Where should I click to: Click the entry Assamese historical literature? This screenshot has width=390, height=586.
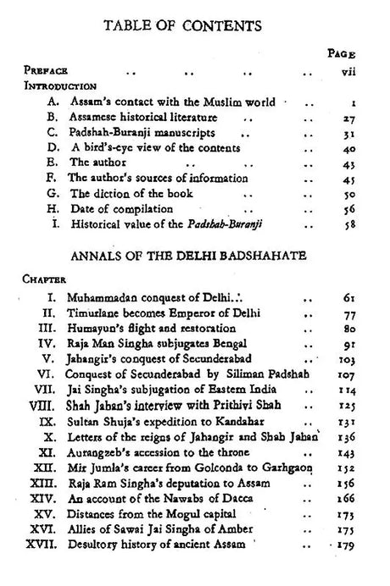142,116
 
